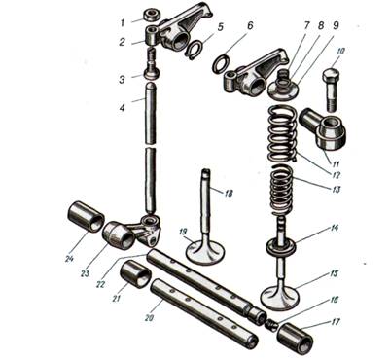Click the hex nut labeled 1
pos(150,16)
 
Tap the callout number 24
pos(69,259)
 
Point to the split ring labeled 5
pos(195,50)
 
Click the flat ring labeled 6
pos(221,63)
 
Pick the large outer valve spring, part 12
pos(282,134)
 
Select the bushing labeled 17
pos(295,339)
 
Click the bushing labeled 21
pos(136,273)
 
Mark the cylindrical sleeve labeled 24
pos(86,217)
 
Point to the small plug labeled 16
pos(270,324)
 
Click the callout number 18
pos(229,194)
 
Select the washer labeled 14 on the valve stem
pos(281,246)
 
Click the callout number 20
pos(149,318)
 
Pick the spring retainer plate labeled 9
pos(282,90)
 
